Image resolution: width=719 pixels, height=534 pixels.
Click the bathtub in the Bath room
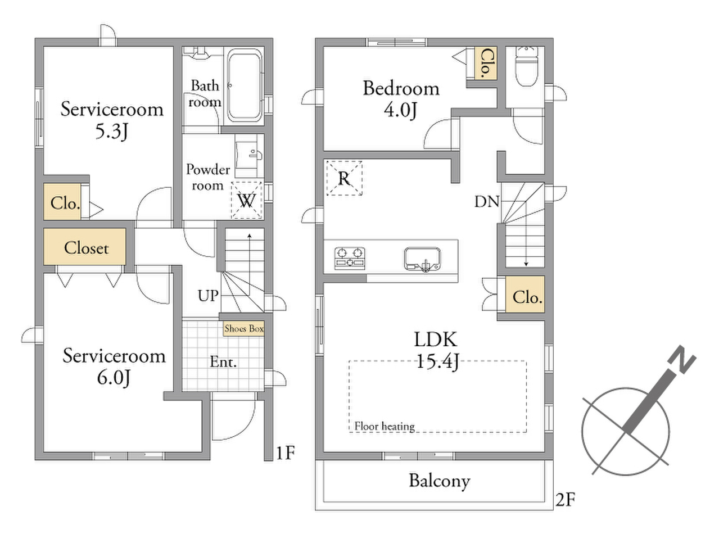tap(245, 85)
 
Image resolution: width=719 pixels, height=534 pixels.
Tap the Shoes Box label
tap(244, 328)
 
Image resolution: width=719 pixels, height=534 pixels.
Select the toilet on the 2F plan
tap(526, 66)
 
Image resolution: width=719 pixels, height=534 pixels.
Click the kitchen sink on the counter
tap(422, 259)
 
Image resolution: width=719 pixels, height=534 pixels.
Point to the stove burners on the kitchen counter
tap(350, 259)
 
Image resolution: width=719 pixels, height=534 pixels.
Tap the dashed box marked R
tap(344, 178)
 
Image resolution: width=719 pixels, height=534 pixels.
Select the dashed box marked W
tap(246, 200)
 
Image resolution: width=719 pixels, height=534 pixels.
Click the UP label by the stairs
tap(208, 295)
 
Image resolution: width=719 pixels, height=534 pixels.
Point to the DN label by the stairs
tap(487, 202)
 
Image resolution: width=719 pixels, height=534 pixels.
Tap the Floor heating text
tap(385, 426)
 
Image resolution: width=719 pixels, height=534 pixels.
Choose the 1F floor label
tap(285, 452)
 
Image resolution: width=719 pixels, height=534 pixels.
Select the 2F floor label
tap(566, 499)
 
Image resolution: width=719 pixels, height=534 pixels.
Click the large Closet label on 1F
tap(86, 248)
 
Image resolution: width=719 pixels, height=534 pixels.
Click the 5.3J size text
tap(111, 132)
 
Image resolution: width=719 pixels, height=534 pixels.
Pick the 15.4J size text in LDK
tap(437, 361)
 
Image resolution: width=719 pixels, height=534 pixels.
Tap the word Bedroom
tap(401, 88)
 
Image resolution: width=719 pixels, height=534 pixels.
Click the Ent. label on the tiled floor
tap(223, 362)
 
